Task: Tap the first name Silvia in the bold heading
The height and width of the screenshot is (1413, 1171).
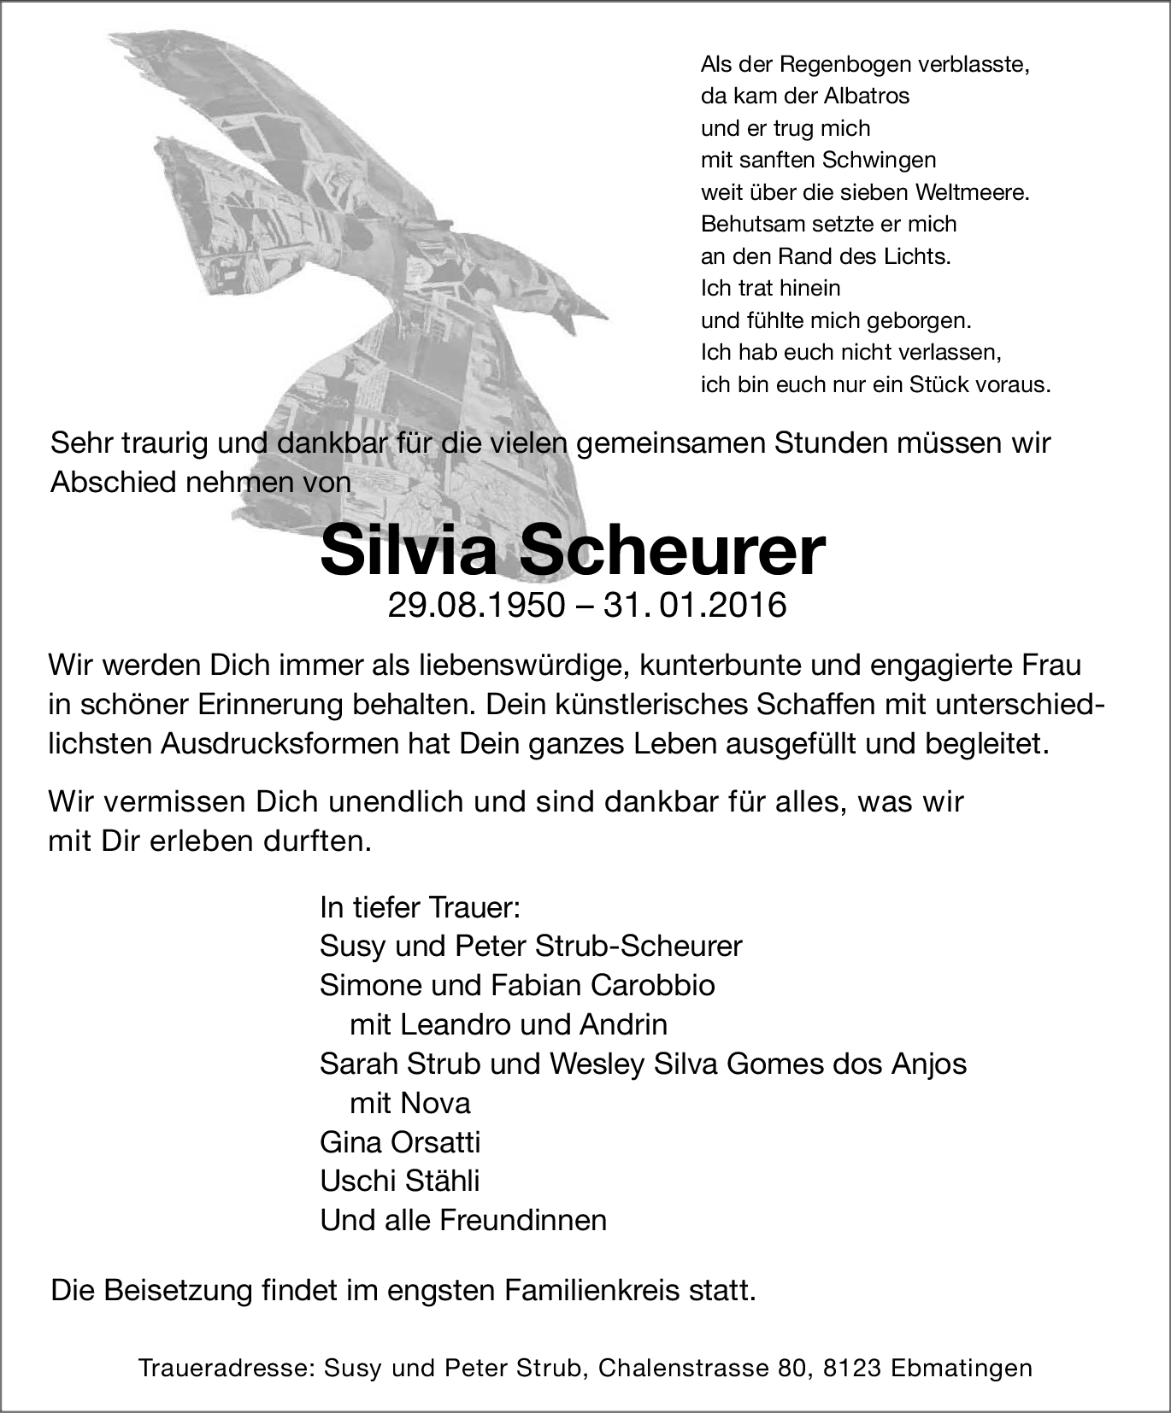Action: point(408,553)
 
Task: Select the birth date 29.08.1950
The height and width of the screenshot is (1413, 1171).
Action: point(476,606)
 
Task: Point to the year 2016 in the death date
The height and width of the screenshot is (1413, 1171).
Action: point(746,606)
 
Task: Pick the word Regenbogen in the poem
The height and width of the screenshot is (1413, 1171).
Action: point(847,64)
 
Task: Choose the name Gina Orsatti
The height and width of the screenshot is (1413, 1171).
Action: point(400,1142)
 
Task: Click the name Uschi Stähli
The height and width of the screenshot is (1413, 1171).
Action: point(399,1181)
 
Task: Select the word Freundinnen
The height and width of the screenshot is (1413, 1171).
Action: point(523,1220)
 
